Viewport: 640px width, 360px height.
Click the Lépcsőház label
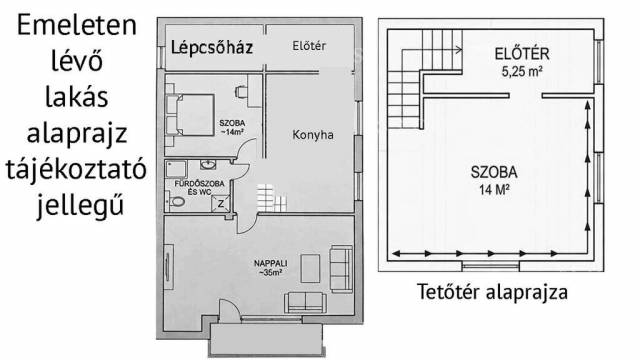point(212,48)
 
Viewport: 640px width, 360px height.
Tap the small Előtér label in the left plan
point(309,46)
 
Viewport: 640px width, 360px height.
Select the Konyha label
point(313,135)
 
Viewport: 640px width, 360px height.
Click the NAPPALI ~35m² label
point(271,268)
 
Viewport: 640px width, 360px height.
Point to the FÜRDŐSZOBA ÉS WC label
point(199,188)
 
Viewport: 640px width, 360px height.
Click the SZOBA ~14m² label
point(232,127)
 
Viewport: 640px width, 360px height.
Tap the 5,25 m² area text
point(522,72)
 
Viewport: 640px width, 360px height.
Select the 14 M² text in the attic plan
point(494,190)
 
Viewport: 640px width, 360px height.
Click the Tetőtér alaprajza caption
point(492,292)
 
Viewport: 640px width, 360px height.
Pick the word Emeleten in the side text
point(77,25)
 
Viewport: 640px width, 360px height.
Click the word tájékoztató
point(76,170)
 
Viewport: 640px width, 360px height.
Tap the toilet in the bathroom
point(177,202)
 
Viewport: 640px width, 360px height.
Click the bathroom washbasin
point(208,165)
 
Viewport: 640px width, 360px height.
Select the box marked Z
point(220,203)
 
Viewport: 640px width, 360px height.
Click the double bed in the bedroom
point(190,115)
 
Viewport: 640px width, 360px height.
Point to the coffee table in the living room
point(310,268)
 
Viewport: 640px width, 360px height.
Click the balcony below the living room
point(267,340)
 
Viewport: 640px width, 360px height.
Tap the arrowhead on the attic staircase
point(459,50)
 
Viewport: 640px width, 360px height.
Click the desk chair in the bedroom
point(241,92)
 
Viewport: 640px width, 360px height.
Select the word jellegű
point(80,205)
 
